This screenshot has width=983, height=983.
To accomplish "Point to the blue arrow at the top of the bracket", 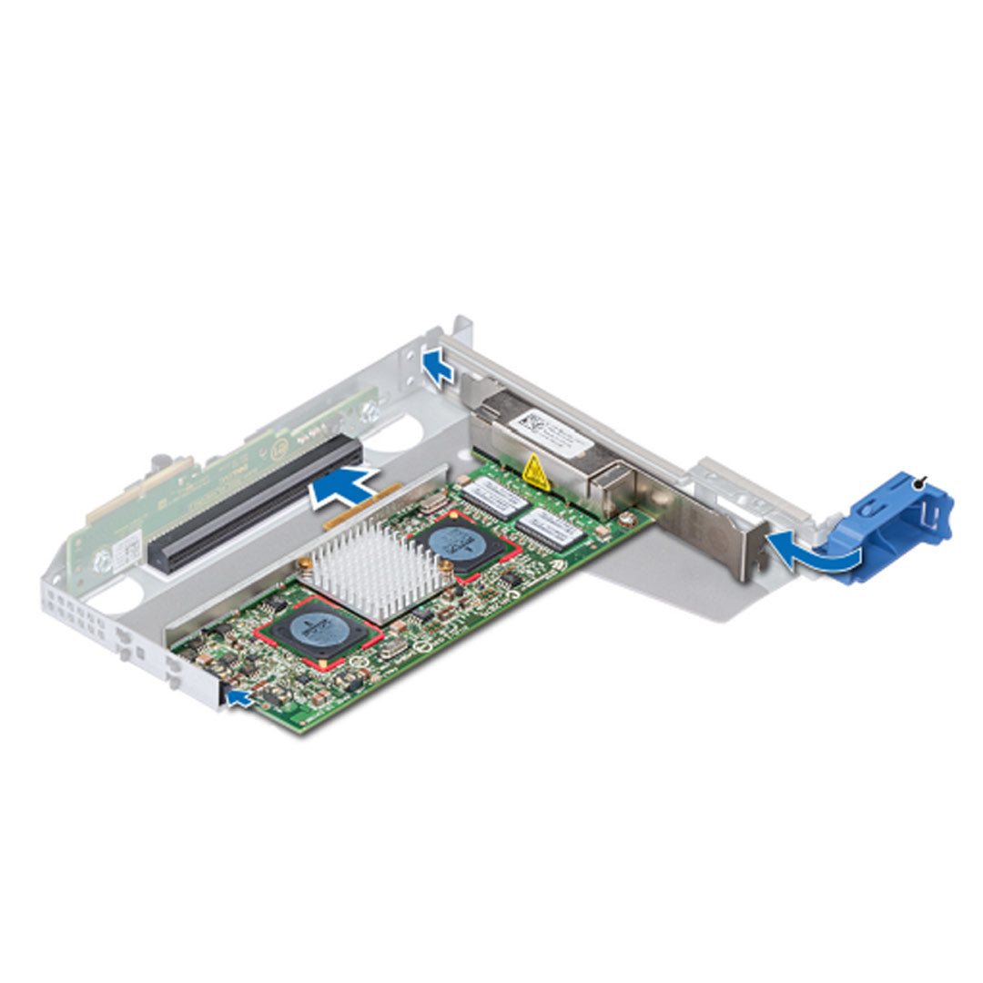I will pyautogui.click(x=439, y=367).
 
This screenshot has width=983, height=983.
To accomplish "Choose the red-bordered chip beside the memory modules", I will pyautogui.click(x=465, y=545).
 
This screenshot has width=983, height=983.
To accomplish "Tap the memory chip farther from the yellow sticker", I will pyautogui.click(x=552, y=527).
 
